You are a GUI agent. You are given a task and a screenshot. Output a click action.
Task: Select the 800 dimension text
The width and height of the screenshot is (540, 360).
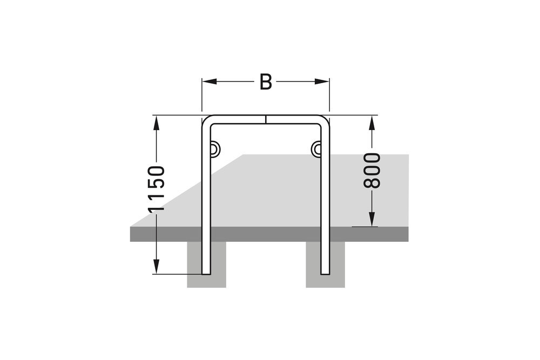tap(372, 171)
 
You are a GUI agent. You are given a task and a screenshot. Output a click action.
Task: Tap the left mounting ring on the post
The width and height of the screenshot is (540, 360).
tap(214, 147)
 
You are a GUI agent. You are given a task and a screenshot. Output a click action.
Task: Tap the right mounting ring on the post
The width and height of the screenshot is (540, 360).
tap(316, 147)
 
